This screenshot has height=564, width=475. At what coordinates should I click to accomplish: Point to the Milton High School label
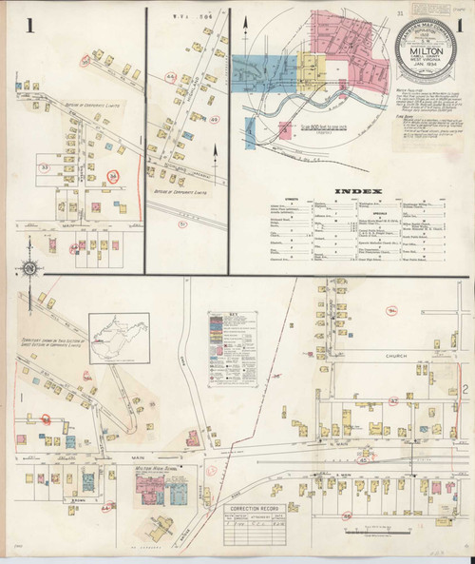tap(158, 469)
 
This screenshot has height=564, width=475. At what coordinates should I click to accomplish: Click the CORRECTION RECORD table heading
tap(252, 509)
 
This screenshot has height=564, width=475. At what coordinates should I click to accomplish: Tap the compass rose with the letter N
tap(30, 269)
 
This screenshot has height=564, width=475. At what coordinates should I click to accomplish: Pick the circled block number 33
tap(44, 168)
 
